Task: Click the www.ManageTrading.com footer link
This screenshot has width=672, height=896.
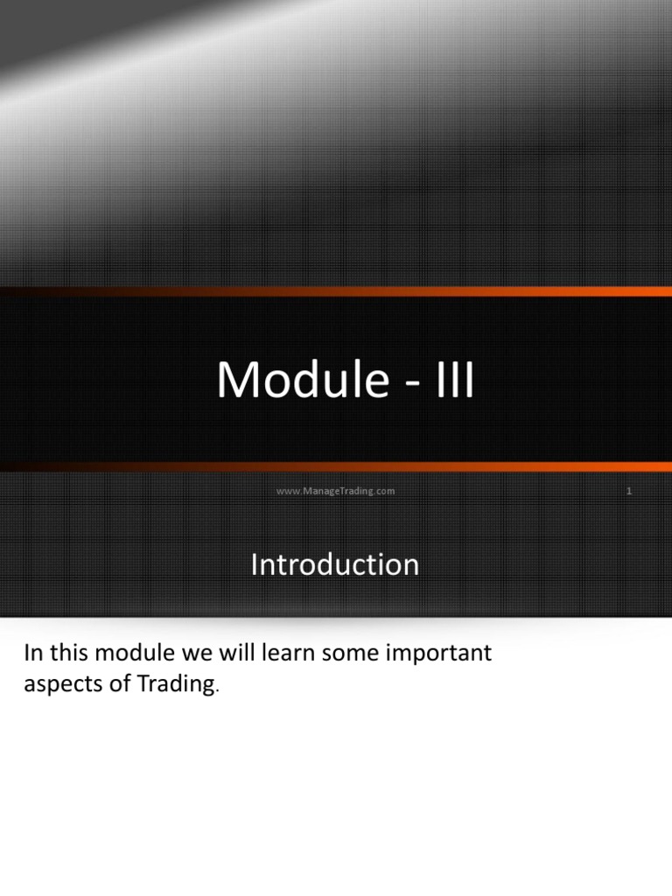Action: (335, 491)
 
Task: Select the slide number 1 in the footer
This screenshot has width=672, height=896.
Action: (628, 491)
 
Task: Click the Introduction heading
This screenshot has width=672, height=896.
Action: (335, 565)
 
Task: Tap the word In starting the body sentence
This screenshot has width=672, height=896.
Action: (33, 653)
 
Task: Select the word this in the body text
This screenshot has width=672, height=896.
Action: (72, 653)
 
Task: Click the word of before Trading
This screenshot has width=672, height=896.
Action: (117, 684)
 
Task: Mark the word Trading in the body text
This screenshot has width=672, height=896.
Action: (175, 685)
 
